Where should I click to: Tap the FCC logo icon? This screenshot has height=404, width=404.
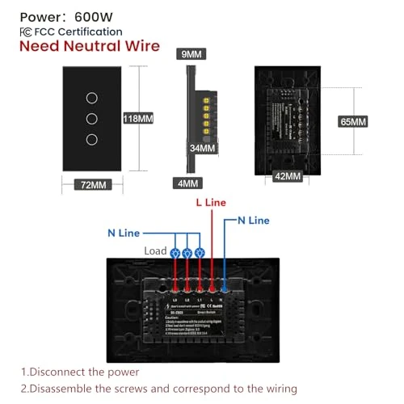point(26,32)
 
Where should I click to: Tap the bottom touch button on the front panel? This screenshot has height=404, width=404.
point(93,139)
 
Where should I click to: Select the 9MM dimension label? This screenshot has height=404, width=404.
point(191,54)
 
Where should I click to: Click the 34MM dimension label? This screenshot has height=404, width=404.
point(202,148)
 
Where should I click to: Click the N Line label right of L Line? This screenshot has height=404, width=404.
point(253,220)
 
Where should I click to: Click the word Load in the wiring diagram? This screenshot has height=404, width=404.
point(155,250)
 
